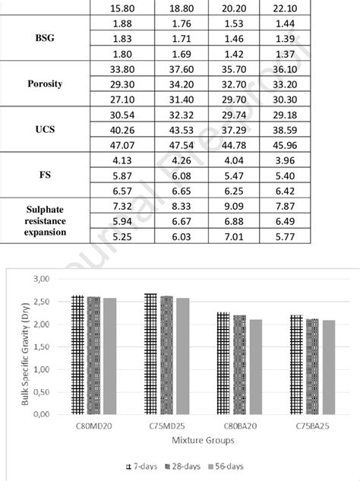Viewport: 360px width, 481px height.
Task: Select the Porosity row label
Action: click(50, 84)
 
